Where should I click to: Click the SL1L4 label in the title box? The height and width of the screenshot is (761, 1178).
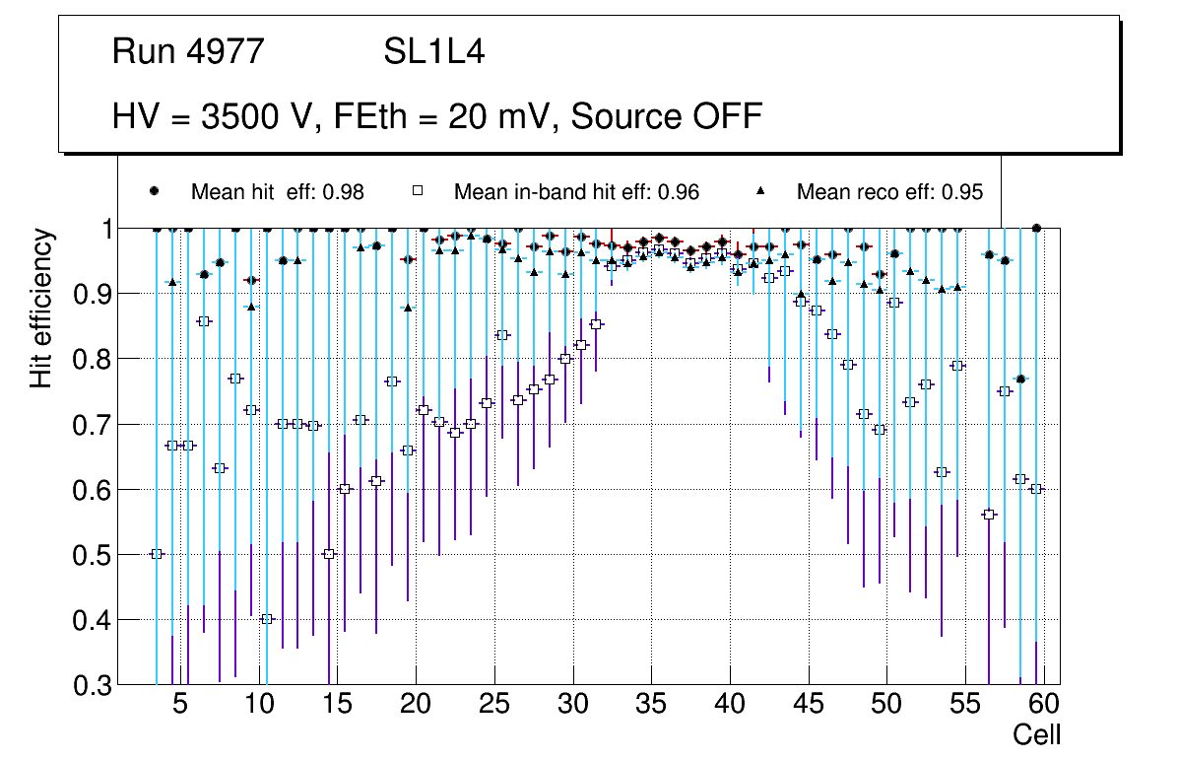click(433, 52)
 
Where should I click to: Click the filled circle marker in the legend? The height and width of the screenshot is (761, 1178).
click(155, 191)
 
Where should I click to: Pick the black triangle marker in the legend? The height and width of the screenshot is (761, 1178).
click(760, 191)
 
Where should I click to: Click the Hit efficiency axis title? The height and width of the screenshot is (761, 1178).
click(41, 308)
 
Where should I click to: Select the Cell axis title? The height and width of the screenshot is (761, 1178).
click(1036, 735)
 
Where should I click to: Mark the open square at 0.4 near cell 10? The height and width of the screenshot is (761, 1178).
click(267, 619)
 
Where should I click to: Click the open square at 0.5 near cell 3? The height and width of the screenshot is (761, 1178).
click(157, 554)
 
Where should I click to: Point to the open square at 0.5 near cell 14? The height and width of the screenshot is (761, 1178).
click(329, 554)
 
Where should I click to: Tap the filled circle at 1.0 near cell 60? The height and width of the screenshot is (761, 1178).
click(1036, 228)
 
